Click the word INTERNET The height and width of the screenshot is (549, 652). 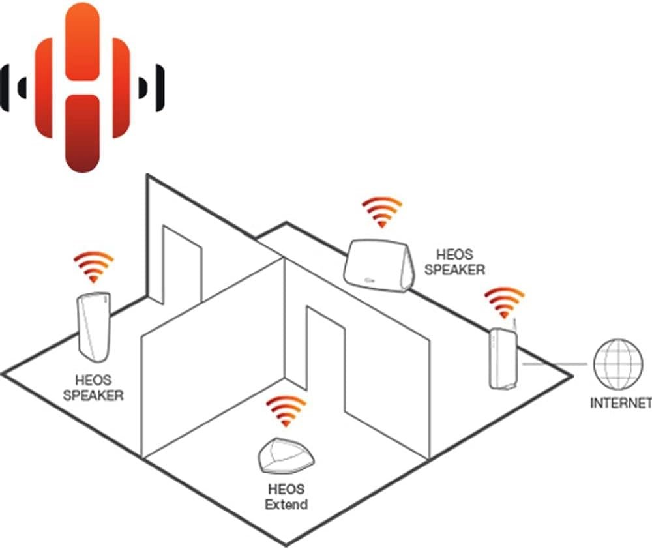tap(620, 403)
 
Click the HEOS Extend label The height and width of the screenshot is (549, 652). tap(287, 496)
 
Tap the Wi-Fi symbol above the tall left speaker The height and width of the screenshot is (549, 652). tap(94, 266)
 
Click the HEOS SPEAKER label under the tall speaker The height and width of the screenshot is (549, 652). tap(94, 387)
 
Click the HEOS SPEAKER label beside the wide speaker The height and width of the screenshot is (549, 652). tap(455, 262)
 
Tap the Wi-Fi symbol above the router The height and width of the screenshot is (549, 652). tap(503, 302)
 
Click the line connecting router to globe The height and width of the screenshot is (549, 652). tap(554, 364)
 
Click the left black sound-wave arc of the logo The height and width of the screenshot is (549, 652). tap(16, 87)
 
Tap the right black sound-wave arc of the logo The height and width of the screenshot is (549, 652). tap(151, 87)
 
